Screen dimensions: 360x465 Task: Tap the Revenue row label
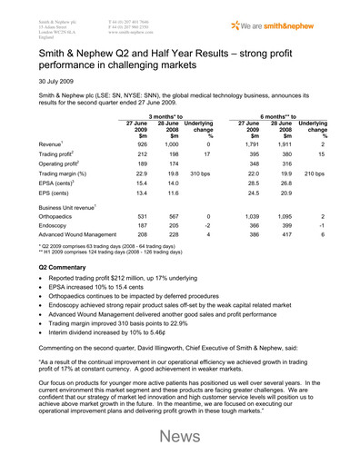coord(53,170)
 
